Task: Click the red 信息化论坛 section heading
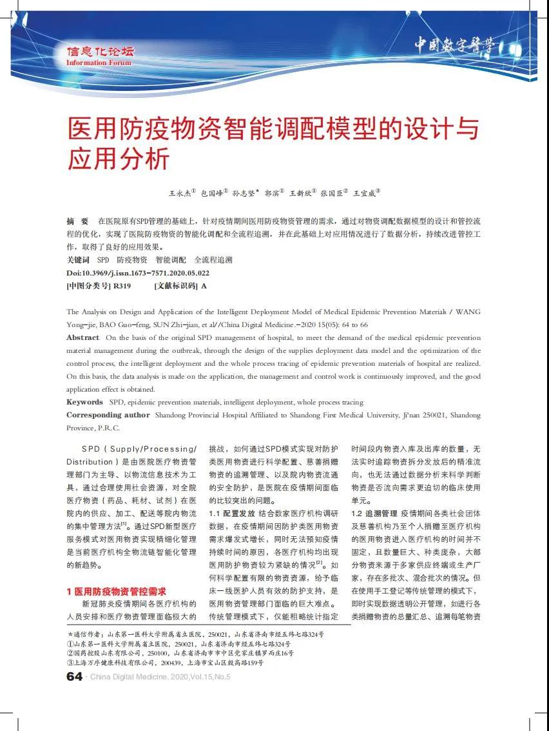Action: [100, 52]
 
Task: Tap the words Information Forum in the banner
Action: [99, 63]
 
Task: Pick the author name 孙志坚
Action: [246, 192]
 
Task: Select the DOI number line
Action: [138, 273]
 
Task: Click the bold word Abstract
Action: [83, 337]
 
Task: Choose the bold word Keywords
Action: [84, 402]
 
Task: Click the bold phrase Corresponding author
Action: [108, 415]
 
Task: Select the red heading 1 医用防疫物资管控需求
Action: [117, 591]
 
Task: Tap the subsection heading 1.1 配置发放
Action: [231, 514]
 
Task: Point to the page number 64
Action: [75, 676]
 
